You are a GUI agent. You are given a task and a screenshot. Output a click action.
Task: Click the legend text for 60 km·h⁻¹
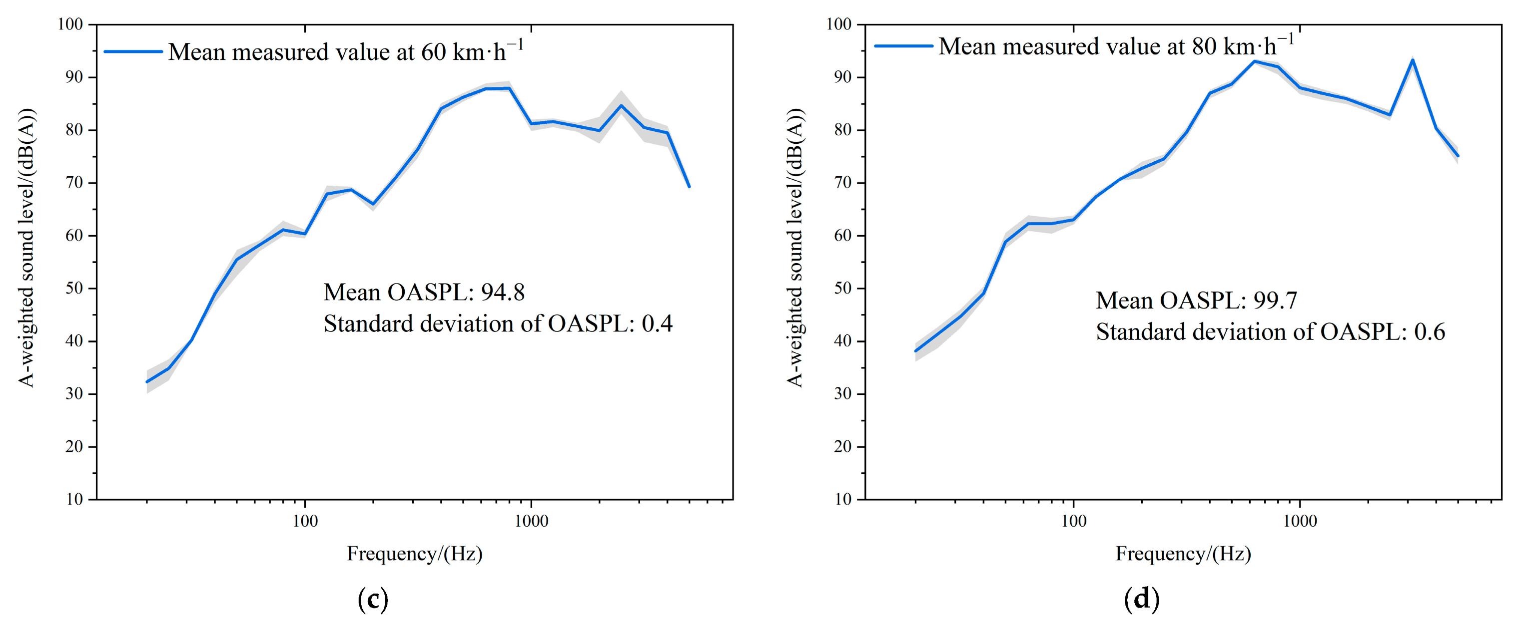pos(346,51)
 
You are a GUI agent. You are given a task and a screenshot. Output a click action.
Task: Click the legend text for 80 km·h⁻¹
pos(1116,45)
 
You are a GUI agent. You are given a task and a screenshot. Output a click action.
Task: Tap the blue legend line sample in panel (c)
pos(133,52)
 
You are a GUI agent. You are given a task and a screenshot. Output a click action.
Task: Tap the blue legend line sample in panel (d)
pos(903,46)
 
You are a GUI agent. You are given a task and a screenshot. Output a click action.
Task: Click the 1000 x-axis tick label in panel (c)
pos(531,521)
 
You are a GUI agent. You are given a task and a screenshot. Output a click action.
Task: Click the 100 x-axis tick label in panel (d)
pos(1073,521)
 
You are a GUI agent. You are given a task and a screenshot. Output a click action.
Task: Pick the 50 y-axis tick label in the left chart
pos(74,288)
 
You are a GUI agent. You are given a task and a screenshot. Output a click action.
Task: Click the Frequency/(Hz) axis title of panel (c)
pos(415,554)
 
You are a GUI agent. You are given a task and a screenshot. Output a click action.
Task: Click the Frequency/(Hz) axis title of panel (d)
pos(1184,554)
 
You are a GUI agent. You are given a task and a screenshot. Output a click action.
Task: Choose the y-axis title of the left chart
pos(26,248)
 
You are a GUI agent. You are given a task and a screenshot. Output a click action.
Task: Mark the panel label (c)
pos(373,600)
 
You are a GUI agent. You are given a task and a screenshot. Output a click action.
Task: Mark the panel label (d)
pos(1142,600)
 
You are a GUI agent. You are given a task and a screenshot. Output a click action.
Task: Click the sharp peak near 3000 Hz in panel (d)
pos(1412,59)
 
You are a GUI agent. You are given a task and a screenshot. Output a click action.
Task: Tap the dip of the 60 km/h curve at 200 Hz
pos(373,204)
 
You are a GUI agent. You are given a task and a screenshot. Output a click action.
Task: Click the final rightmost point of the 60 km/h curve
pos(689,187)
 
